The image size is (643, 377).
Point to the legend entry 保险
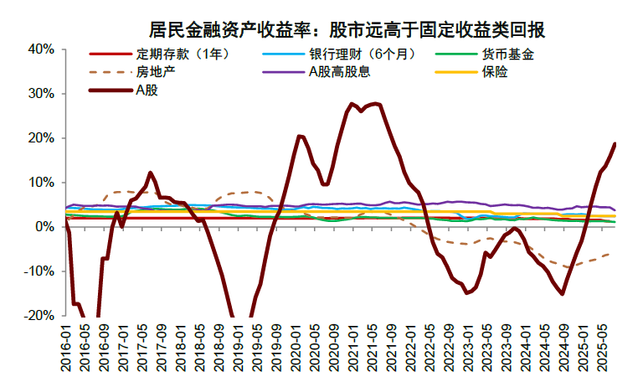(x=495, y=72)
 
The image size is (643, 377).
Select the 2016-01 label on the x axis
(x=65, y=344)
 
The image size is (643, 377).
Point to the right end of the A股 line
(x=615, y=143)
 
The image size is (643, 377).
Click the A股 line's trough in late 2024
(x=562, y=293)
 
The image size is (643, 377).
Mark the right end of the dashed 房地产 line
(x=609, y=254)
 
